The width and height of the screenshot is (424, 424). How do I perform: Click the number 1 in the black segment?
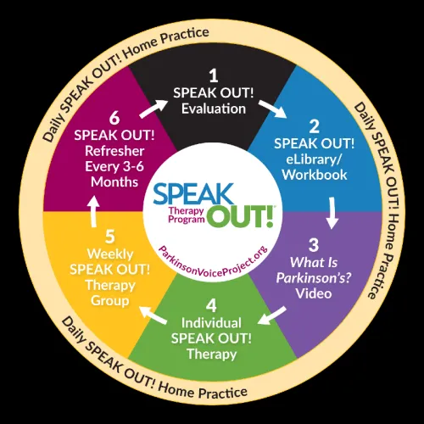pyautogui.click(x=214, y=75)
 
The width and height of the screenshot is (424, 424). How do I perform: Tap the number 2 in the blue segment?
pyautogui.click(x=314, y=126)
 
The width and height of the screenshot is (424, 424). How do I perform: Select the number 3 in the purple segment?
pyautogui.click(x=314, y=245)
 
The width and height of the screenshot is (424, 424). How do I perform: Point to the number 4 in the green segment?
pyautogui.click(x=211, y=306)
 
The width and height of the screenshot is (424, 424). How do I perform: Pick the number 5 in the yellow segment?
pyautogui.click(x=110, y=237)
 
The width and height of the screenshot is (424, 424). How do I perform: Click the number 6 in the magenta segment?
pyautogui.click(x=114, y=118)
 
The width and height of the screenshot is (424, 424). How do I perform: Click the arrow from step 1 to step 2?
pyautogui.click(x=272, y=109)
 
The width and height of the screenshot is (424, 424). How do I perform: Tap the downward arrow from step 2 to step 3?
pyautogui.click(x=332, y=213)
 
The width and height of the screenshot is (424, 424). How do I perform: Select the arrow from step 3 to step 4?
pyautogui.click(x=272, y=315)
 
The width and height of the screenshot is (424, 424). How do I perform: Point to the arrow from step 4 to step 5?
pyautogui.click(x=153, y=315)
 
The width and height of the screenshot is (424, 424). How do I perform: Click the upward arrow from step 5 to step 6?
pyautogui.click(x=94, y=211)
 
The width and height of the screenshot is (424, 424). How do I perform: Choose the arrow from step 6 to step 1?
pyautogui.click(x=153, y=109)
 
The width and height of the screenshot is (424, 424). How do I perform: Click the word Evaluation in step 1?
pyautogui.click(x=214, y=109)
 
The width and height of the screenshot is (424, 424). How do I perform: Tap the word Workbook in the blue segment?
pyautogui.click(x=315, y=175)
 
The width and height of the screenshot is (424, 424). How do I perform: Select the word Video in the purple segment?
pyautogui.click(x=314, y=293)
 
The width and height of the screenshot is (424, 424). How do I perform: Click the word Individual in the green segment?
pyautogui.click(x=211, y=323)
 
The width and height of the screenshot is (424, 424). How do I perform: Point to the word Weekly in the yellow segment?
pyautogui.click(x=110, y=254)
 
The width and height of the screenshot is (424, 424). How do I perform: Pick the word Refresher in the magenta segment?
pyautogui.click(x=114, y=151)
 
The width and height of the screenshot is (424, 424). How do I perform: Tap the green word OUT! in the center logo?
pyautogui.click(x=240, y=216)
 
